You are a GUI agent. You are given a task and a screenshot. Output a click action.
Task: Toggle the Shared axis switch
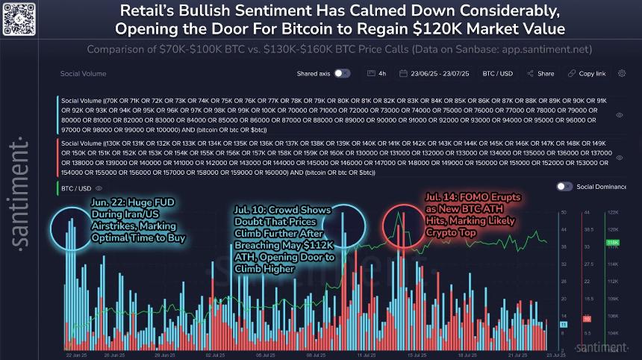click(341, 74)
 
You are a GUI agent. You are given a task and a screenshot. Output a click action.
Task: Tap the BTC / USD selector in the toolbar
click(497, 74)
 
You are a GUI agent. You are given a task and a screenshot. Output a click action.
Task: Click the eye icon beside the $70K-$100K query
click(620, 116)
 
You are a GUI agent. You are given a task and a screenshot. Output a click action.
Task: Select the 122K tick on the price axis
click(613, 212)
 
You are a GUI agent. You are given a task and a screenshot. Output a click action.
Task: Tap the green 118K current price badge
click(613, 243)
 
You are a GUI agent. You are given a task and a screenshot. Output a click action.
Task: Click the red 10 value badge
click(587, 318)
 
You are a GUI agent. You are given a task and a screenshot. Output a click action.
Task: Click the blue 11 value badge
click(563, 325)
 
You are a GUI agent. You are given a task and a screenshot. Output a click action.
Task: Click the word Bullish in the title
click(205, 11)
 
